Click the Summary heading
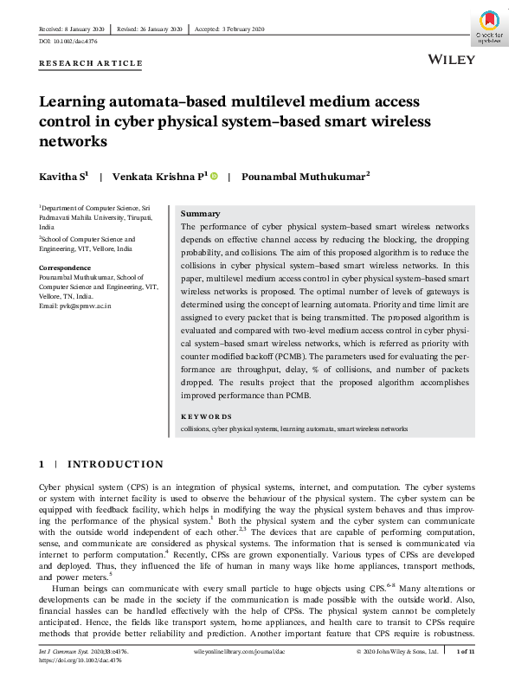[200, 214]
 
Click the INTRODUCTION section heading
[115, 464]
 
